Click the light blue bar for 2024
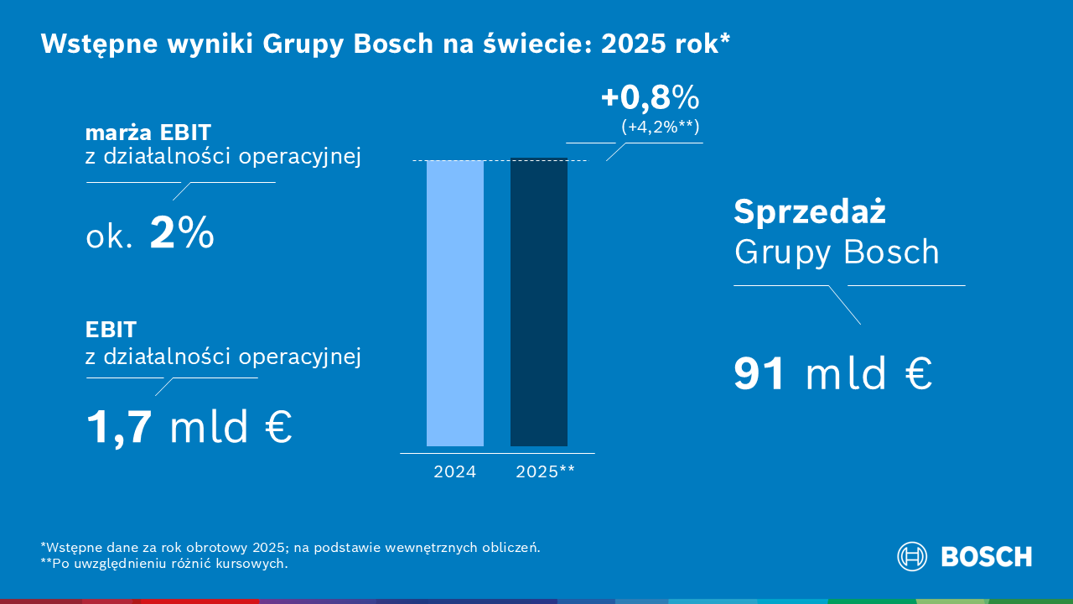tap(454, 302)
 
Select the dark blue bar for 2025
tap(538, 302)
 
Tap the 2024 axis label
tap(454, 471)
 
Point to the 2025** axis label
tap(545, 471)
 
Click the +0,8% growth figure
tap(650, 99)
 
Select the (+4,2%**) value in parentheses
tap(660, 128)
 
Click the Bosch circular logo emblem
tap(912, 556)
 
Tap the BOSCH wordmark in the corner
tap(987, 556)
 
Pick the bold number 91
tap(759, 374)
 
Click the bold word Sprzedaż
tap(809, 212)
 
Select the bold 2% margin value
tap(182, 235)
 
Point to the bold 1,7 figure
tap(119, 426)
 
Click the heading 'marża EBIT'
tap(148, 133)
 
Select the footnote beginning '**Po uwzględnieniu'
tap(163, 564)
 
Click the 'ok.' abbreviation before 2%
tap(109, 237)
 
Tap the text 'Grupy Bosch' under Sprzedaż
tap(836, 252)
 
